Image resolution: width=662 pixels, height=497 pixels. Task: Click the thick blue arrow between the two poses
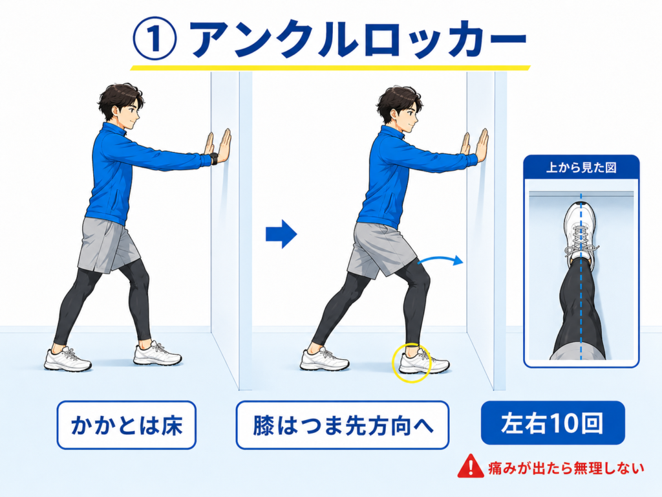(281, 234)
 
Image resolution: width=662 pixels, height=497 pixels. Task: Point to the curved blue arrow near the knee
(440, 260)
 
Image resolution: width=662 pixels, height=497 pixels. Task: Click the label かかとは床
(127, 425)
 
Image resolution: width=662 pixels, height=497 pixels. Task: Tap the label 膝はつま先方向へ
(343, 425)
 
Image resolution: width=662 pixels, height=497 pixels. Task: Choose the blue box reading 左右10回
(553, 423)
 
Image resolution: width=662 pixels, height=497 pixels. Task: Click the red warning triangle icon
(471, 466)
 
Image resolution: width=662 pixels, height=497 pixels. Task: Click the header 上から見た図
(581, 168)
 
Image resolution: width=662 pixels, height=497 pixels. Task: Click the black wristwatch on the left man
(214, 159)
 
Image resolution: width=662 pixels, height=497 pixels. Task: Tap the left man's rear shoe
(67, 360)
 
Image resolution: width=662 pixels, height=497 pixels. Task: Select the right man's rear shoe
(325, 359)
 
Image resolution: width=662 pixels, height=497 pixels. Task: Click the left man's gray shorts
(108, 245)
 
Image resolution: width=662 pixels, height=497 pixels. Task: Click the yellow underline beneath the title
(330, 67)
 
